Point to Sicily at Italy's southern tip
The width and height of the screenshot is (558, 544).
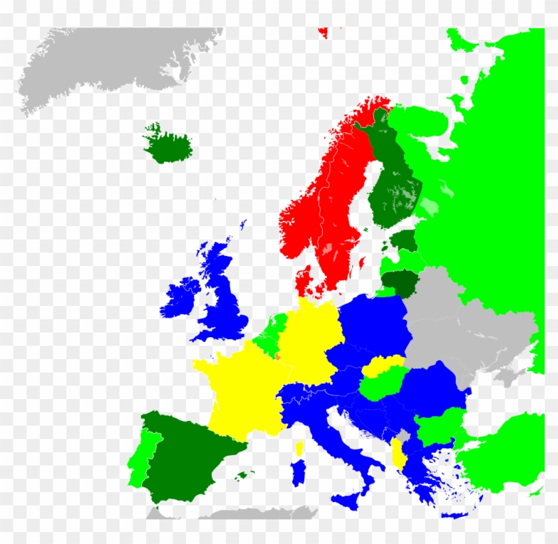tap(349, 500)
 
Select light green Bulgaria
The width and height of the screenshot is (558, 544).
tap(438, 426)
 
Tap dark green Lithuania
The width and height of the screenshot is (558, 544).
tap(403, 283)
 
